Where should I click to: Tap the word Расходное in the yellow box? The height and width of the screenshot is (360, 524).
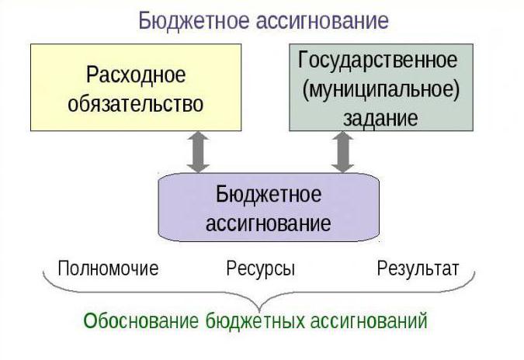tap(136, 76)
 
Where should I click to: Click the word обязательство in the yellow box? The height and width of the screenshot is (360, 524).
tap(136, 103)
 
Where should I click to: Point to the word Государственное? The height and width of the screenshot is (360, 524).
tap(378, 60)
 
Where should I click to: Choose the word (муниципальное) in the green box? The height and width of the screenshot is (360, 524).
tap(381, 89)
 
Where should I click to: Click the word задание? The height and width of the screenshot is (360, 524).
tap(380, 118)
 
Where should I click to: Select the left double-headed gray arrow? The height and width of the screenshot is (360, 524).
tap(199, 152)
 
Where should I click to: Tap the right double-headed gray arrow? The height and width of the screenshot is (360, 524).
tap(342, 152)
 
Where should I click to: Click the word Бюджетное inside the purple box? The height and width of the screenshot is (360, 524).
tap(268, 193)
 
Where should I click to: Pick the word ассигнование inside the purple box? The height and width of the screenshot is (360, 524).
tap(268, 223)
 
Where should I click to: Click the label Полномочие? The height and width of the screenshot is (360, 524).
tap(108, 268)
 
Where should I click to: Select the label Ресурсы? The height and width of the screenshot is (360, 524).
tap(260, 269)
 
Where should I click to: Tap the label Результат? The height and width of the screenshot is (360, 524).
tap(418, 268)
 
